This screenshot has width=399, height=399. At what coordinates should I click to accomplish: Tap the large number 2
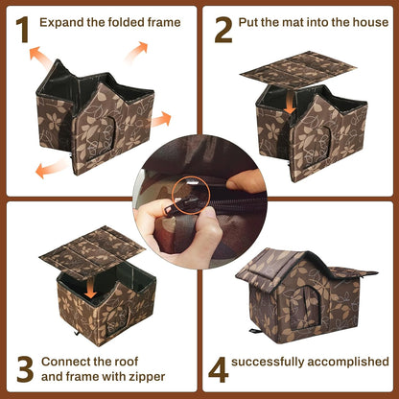(x=223, y=30)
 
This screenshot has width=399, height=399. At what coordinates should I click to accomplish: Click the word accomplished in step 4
(x=350, y=362)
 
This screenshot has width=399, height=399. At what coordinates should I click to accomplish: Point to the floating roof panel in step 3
(x=91, y=247)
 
